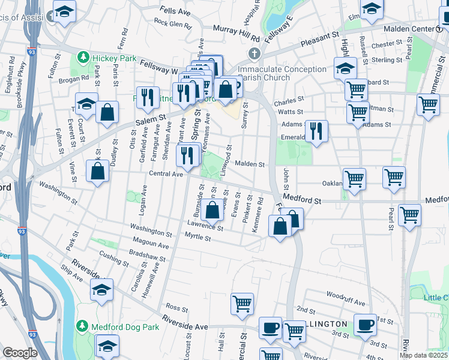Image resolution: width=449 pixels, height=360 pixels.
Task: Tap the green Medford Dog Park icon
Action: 83,326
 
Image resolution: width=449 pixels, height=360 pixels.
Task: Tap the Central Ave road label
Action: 166,174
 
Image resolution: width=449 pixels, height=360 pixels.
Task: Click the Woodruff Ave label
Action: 346,295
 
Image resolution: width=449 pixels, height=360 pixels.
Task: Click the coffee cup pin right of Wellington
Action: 365,325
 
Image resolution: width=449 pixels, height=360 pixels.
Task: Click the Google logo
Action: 20,353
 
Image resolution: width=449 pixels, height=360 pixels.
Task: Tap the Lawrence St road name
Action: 205,227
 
